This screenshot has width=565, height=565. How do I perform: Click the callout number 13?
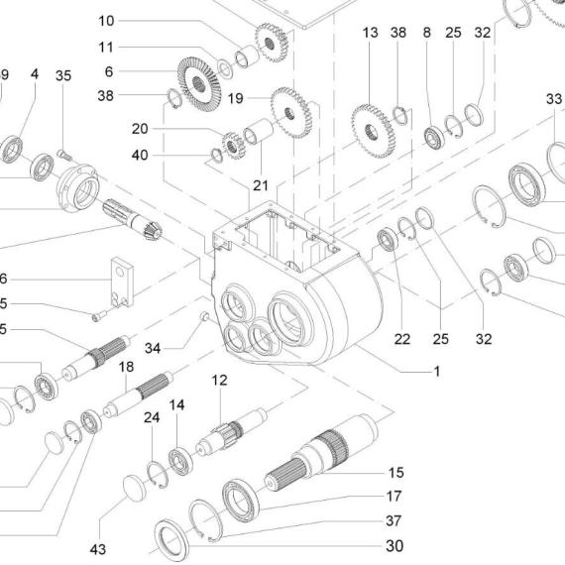[x=370, y=33]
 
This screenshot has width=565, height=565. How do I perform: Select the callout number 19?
[x=236, y=98]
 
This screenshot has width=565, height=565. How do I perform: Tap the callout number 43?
[x=98, y=549]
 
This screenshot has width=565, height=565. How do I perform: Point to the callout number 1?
[x=437, y=371]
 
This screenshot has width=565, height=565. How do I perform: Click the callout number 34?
[x=153, y=348]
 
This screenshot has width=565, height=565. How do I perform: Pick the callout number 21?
[x=261, y=185]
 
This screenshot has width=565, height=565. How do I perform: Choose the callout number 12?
[x=219, y=380]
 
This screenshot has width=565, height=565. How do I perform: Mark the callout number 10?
[x=106, y=21]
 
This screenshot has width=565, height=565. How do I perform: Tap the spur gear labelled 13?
[x=373, y=131]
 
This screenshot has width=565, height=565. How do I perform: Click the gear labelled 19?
[x=291, y=113]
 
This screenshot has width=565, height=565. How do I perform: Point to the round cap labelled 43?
[x=135, y=488]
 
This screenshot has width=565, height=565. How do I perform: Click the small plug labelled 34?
[x=204, y=316]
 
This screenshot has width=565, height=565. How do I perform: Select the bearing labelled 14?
[x=180, y=461]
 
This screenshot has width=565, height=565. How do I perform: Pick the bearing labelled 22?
[x=388, y=239]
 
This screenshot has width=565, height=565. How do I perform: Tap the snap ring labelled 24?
[x=158, y=475]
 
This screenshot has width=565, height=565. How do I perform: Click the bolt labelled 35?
[x=64, y=155]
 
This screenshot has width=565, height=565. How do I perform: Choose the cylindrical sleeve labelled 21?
[x=259, y=131]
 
